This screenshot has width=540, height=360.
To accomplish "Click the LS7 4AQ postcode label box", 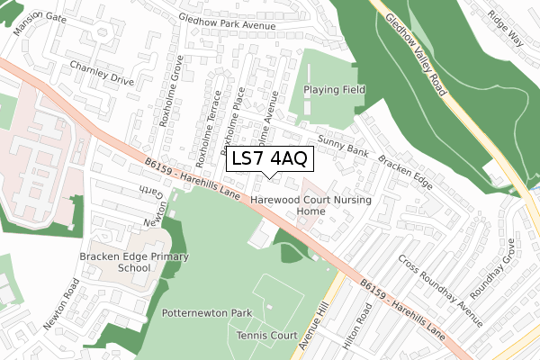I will point(270,159).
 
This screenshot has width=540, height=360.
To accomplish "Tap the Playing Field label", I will point(334,90).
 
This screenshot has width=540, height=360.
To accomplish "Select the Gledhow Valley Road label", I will point(416,56).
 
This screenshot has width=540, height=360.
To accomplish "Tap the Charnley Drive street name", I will point(101,72).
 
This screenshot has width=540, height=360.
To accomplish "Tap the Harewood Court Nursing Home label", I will point(310,204).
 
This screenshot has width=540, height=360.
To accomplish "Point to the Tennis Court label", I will point(266,335).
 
